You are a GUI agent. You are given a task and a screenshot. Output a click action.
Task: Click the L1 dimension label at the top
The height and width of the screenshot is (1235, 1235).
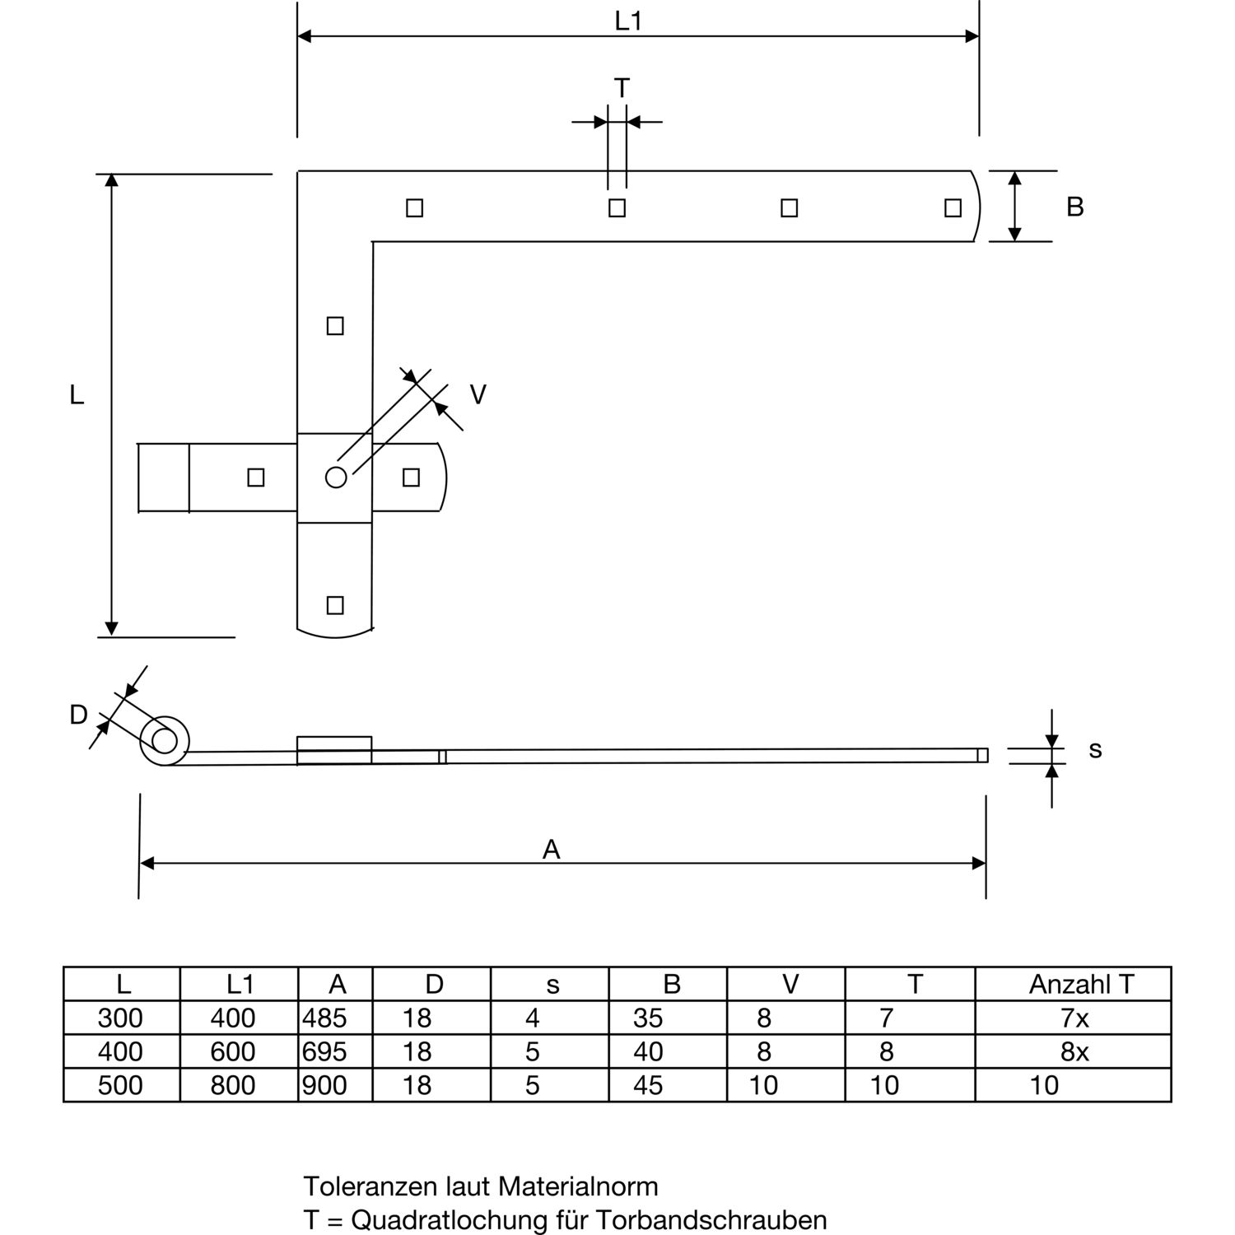tap(628, 21)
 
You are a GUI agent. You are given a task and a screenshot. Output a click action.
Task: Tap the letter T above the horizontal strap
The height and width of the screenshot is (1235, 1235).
tap(622, 87)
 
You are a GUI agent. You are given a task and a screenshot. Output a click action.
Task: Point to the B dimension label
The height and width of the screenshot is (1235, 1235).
tap(1074, 207)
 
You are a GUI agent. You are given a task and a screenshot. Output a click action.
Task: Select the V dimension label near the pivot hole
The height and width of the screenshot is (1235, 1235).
tap(478, 395)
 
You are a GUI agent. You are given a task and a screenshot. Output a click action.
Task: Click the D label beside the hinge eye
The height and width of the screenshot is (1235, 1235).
tap(78, 715)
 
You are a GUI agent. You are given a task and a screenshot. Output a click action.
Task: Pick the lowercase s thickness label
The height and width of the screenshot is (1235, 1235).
tap(1095, 750)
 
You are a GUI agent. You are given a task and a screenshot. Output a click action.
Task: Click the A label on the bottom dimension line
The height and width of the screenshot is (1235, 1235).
tap(551, 850)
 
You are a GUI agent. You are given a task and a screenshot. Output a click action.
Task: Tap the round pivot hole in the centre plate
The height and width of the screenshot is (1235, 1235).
tap(336, 477)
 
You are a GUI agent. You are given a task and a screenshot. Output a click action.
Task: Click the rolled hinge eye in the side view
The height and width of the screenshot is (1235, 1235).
tap(165, 741)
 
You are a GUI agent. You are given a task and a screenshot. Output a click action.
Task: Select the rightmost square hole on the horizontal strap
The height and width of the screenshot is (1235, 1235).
tap(953, 207)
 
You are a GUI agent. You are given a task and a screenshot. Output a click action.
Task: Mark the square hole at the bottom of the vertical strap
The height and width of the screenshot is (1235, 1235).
tap(335, 605)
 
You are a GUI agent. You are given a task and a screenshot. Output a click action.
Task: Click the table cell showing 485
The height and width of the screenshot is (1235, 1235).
tap(324, 1018)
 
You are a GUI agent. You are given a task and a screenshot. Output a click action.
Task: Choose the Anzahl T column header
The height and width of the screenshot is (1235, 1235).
tap(1081, 984)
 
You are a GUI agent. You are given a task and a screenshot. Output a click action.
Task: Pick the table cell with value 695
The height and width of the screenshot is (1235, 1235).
tap(324, 1052)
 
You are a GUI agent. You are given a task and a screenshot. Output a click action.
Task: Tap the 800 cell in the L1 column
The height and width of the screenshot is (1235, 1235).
tap(233, 1085)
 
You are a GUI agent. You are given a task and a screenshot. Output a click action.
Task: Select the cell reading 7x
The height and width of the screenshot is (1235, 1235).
tap(1074, 1018)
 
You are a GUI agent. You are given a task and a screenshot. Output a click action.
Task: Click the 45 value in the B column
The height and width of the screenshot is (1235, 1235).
tap(648, 1085)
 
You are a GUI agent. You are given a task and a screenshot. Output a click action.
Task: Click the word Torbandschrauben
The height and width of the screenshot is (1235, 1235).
tap(712, 1219)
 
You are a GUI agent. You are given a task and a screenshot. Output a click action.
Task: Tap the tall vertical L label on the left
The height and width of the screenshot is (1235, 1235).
tap(77, 395)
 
